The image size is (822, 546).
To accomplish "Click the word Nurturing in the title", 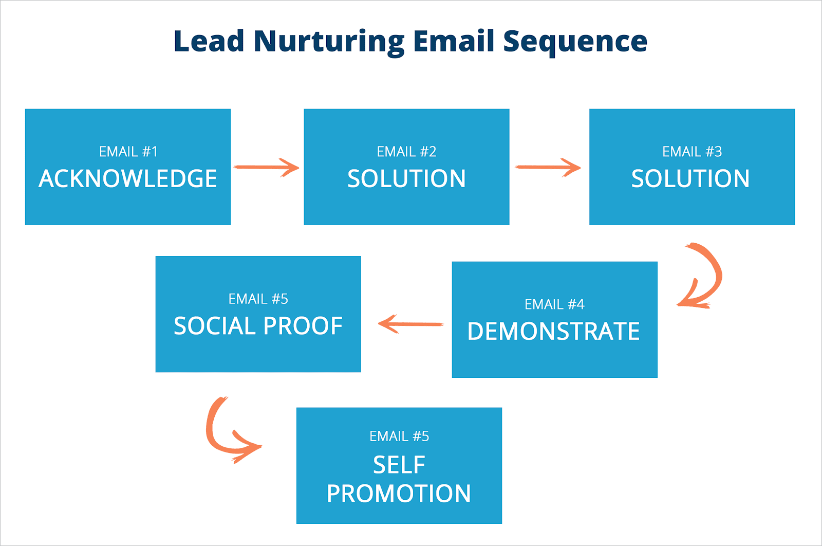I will pos(329,41).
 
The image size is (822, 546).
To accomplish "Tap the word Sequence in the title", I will pos(575,41).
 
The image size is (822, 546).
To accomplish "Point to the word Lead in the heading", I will pos(209,41).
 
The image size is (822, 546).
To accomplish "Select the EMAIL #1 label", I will pos(128,152).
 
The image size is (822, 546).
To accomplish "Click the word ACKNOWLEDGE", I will pos(128,178).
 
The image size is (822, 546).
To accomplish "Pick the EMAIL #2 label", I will pos(406,152).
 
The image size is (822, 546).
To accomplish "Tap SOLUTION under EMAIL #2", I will pos(406,178).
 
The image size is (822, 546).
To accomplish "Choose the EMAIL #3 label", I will pos(692,152).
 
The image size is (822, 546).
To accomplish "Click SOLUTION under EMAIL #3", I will pos(690,178).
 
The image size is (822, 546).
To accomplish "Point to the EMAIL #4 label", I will pos(554,304).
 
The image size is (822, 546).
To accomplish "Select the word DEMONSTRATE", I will pos(553,331).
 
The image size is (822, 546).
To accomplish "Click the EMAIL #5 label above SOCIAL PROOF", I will pos(258,299).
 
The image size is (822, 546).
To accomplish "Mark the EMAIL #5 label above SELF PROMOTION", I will pos(399,436).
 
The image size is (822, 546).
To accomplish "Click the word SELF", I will pos(399,465).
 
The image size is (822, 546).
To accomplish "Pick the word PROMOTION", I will pos(399,494).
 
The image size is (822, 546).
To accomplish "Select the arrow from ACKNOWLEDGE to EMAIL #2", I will pos(266,167).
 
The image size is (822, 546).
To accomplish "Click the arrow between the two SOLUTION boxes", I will pos(548,167).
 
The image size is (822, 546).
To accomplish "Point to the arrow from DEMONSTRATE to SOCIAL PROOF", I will pos(410,324).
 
